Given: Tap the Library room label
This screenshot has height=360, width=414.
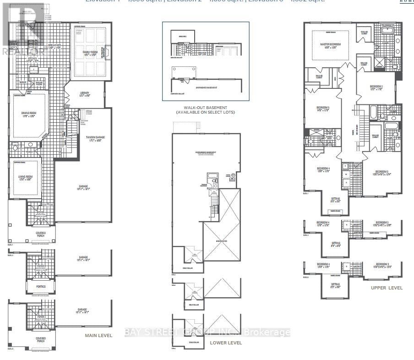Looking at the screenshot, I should (84, 94).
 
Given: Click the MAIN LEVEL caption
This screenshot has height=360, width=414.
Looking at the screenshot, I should (98, 336).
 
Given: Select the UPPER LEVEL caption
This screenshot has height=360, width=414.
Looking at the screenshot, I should (387, 288).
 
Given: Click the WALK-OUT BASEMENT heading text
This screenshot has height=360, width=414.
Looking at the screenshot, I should (206, 107).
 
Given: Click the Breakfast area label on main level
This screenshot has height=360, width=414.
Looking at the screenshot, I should (55, 46).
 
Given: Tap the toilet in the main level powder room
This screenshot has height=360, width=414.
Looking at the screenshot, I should (15, 148).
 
